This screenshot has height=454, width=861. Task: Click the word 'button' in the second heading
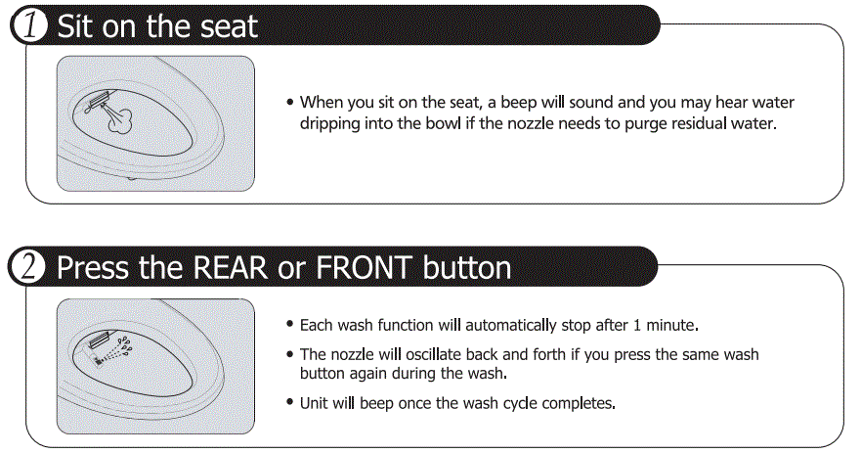[x=467, y=267]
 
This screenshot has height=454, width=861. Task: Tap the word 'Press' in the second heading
[x=94, y=267]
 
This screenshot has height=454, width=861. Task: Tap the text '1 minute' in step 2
[x=667, y=324]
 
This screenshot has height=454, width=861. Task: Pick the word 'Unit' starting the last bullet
[x=315, y=402]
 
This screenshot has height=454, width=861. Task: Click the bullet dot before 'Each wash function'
[x=290, y=324]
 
